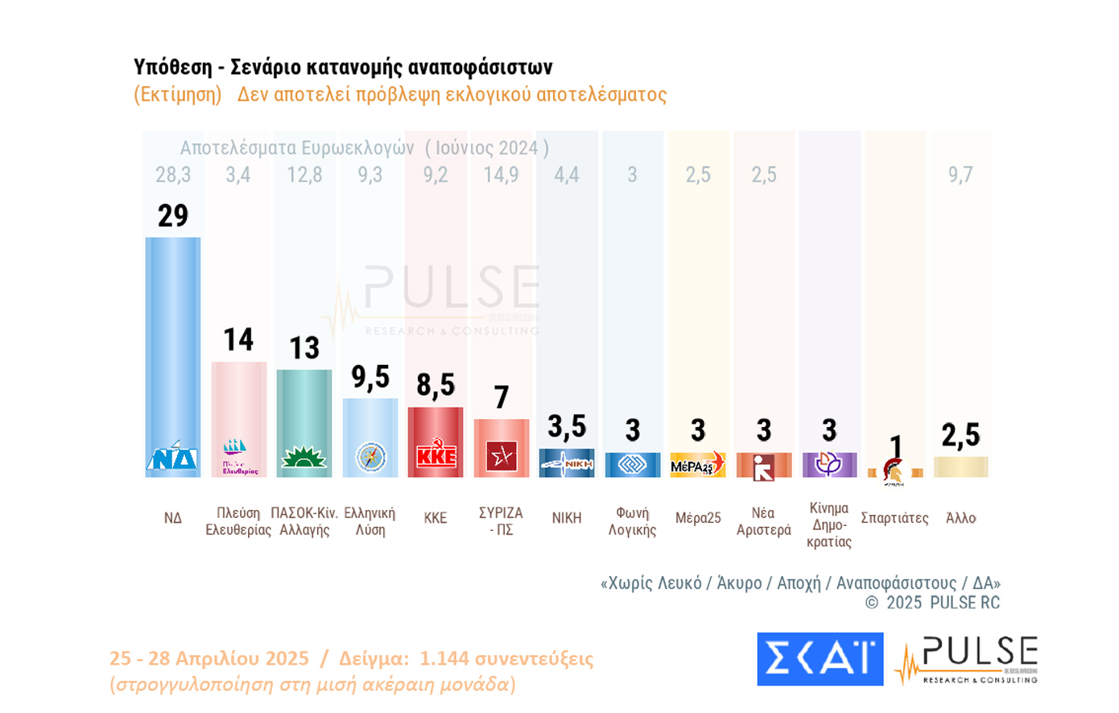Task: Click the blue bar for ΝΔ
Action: tap(173, 338)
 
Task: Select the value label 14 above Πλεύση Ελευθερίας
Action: tap(238, 340)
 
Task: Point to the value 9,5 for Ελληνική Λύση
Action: tap(370, 377)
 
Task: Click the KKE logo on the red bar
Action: tap(436, 456)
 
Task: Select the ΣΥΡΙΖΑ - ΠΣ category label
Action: tap(501, 521)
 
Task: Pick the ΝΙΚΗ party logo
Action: tap(567, 463)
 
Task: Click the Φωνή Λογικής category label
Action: tap(632, 521)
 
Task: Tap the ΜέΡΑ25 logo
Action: tap(697, 465)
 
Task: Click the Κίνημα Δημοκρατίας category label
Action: tap(829, 524)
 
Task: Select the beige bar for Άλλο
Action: tap(960, 466)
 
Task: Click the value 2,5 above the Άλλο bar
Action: tap(960, 435)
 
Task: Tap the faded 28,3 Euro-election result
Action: tap(173, 175)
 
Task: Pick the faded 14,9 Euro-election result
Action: tap(501, 175)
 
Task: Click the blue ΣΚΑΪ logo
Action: tap(820, 658)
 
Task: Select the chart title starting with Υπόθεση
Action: tap(343, 67)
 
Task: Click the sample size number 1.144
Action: tap(444, 658)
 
